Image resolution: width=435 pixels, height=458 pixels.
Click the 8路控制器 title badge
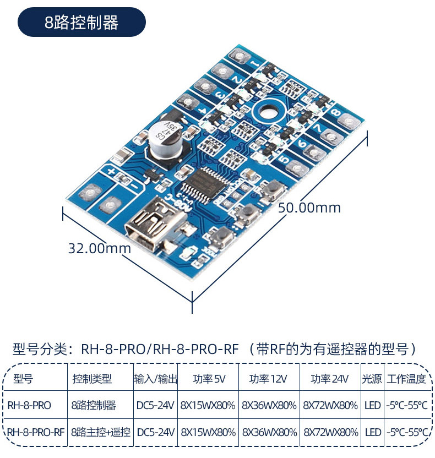[81, 22]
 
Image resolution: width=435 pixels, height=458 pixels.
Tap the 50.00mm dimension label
[309, 208]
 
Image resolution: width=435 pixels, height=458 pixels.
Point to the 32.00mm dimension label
[99, 248]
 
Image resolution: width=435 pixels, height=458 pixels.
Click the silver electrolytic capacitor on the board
[165, 140]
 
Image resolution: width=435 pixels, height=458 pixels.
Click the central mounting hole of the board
[267, 112]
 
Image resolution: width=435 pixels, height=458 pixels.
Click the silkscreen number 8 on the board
[336, 112]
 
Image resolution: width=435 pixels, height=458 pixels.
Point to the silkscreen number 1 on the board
[255, 63]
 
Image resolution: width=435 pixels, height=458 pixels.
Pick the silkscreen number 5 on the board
[283, 159]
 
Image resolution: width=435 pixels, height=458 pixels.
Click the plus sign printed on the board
[111, 171]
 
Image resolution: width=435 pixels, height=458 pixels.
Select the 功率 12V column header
[268, 379]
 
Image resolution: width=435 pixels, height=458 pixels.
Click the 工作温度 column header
[406, 379]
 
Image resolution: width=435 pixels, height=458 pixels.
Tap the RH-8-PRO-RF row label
[35, 432]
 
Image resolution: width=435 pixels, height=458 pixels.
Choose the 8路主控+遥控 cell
[101, 432]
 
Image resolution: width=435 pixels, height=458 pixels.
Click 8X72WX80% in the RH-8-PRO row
[330, 405]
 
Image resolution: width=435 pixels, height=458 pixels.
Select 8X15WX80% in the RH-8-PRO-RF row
[208, 432]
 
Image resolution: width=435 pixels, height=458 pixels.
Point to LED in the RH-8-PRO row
[372, 405]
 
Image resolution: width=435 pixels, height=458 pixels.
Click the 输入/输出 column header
[155, 379]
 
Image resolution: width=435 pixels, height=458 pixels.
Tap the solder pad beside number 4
[188, 101]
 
